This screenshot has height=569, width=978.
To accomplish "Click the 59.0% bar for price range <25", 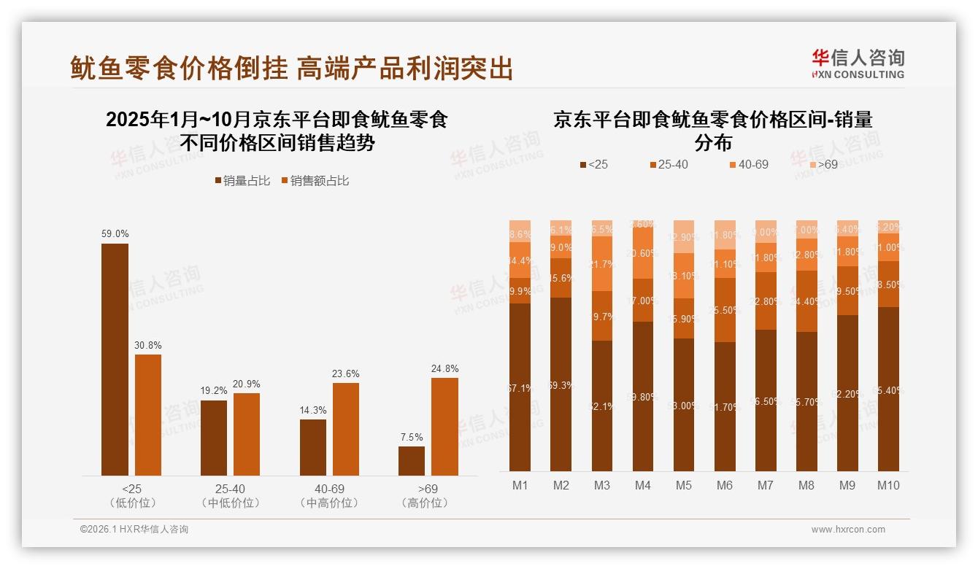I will [x=115, y=360].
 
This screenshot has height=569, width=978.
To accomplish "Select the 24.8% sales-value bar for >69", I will [x=444, y=427].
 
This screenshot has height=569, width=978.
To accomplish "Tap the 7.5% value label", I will [x=412, y=437].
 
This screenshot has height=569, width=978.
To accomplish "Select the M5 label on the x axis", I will [x=683, y=485].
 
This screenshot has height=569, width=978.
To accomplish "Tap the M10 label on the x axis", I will [x=887, y=485].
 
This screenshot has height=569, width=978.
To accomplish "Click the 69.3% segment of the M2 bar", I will [x=561, y=384].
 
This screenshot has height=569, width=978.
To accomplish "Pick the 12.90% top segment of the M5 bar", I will [x=683, y=236].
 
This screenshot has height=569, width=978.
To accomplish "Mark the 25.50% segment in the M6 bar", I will [x=724, y=310].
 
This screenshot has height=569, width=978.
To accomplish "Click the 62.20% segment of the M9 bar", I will [x=847, y=392].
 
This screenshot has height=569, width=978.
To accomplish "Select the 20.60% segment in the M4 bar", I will [x=642, y=252].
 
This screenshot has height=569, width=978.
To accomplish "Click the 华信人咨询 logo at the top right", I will [x=858, y=63].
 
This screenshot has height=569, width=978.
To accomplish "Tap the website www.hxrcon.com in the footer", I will [x=847, y=530].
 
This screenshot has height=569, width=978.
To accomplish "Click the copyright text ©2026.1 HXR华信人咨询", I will [x=134, y=530].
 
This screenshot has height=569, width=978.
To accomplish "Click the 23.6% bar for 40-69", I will [x=345, y=429].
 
